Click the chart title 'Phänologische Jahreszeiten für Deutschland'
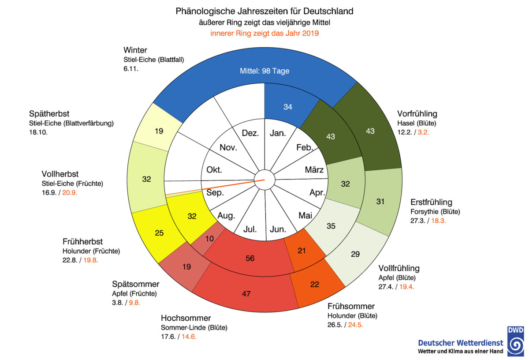coord(264,11)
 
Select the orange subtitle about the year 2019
coord(264,33)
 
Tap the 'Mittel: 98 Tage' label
coord(264,71)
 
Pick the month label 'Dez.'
coord(250,133)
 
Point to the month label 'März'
coord(314,169)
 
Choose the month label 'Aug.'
coord(226,216)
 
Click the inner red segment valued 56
coord(250,258)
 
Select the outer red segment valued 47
coord(246,294)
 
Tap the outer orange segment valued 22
coord(315,284)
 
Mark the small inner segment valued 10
coord(209,239)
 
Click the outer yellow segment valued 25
coord(159,233)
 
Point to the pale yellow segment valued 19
coord(159,131)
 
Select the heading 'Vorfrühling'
coord(417,114)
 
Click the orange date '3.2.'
coord(423,132)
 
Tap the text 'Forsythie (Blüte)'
coord(435,212)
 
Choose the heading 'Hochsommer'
coord(186,318)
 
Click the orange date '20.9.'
coord(70,193)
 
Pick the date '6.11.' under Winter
coord(131,69)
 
